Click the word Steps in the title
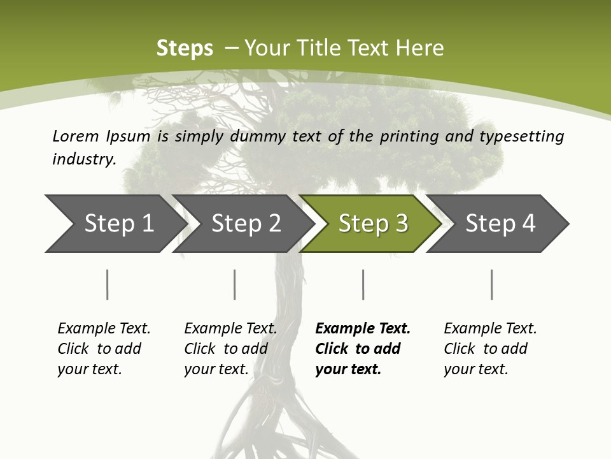(185, 48)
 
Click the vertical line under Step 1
(108, 284)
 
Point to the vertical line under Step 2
(235, 284)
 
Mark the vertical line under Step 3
(363, 284)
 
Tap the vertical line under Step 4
(492, 284)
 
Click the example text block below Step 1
(104, 349)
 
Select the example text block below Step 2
(230, 349)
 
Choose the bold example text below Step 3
(363, 349)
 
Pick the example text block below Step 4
(490, 349)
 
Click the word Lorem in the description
(76, 136)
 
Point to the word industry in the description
(84, 159)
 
